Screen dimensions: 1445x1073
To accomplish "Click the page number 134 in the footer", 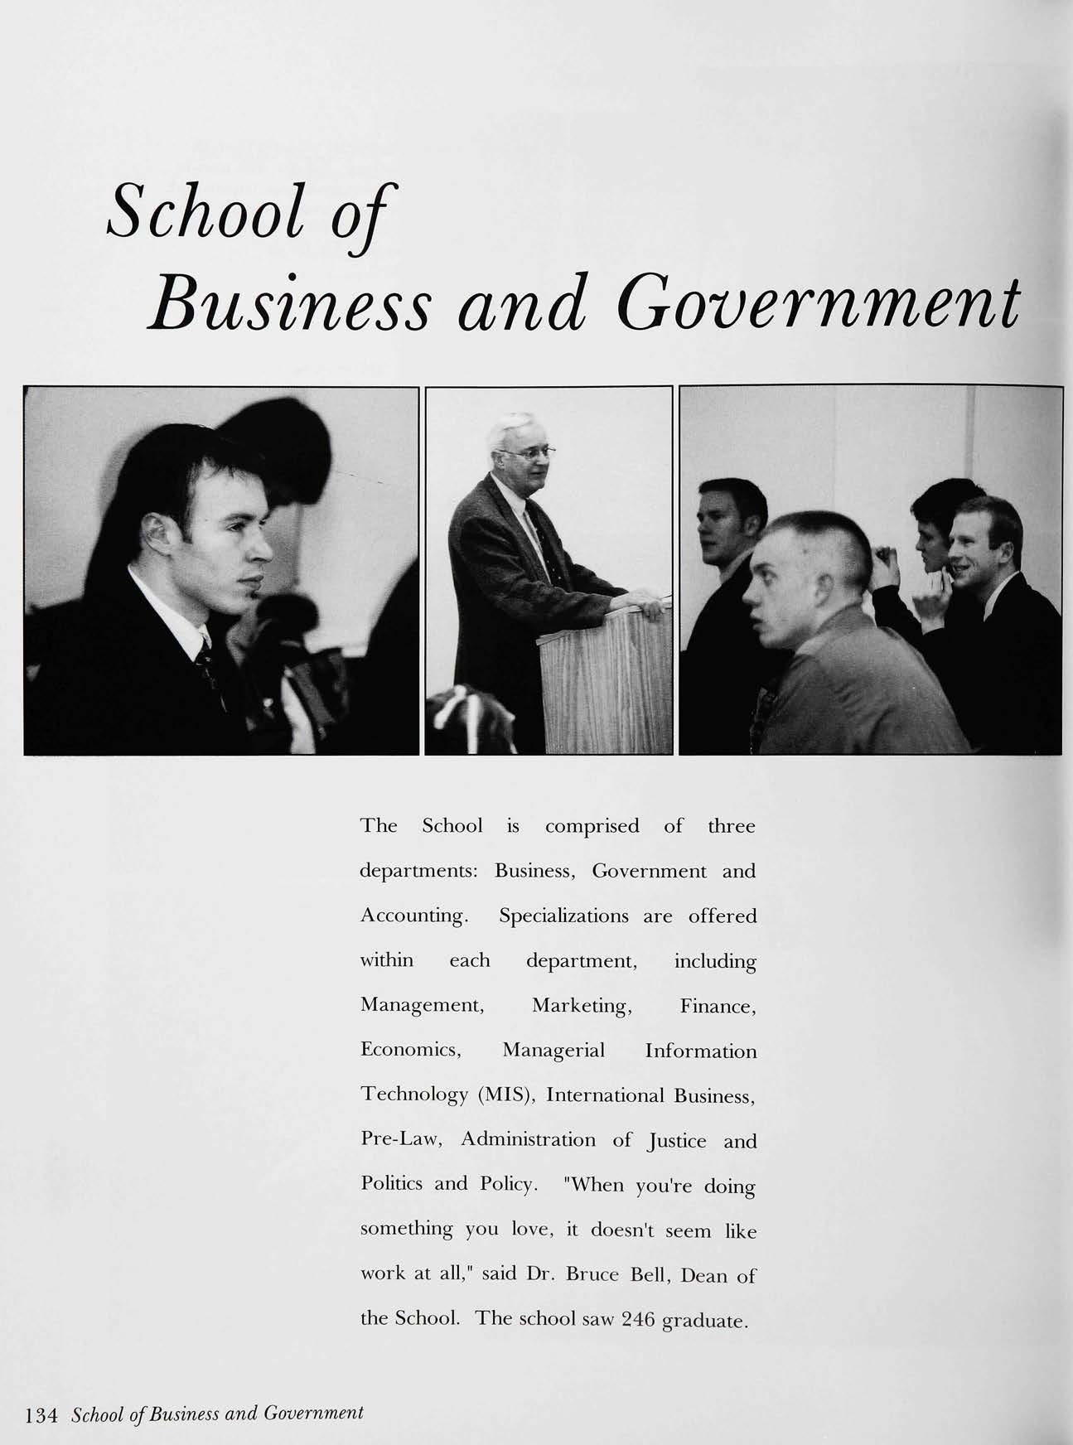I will click(41, 1414).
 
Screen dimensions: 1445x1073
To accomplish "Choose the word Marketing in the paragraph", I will click(582, 1005).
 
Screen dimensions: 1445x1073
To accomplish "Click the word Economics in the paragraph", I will click(410, 1050).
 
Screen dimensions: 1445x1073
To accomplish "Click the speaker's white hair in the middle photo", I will click(513, 427).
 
